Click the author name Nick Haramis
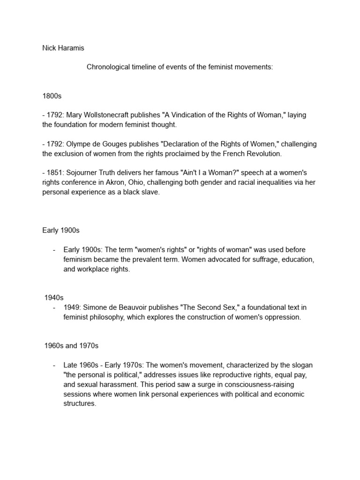click(x=63, y=48)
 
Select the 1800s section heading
click(x=52, y=96)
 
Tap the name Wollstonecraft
click(x=111, y=115)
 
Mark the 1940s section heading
click(x=54, y=298)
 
